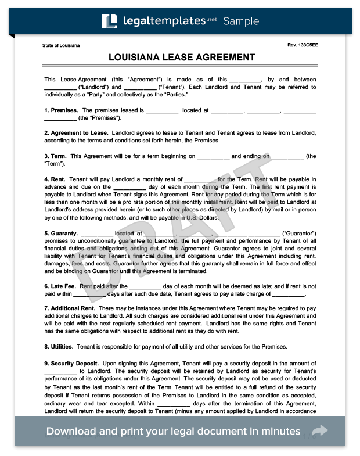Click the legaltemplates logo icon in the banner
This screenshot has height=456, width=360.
click(110, 21)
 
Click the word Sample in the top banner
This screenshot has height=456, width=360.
click(241, 21)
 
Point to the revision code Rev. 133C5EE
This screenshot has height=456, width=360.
click(302, 45)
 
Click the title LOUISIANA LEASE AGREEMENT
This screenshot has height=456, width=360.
click(181, 58)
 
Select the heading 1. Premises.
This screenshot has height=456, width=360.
click(61, 110)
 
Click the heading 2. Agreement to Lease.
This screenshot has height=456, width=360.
click(75, 133)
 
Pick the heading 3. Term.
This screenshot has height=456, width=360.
click(55, 156)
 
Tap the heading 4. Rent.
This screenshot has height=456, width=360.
click(55, 179)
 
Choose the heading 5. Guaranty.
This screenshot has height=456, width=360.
click(61, 233)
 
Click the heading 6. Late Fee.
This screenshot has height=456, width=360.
click(60, 286)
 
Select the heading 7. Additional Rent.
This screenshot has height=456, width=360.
click(70, 308)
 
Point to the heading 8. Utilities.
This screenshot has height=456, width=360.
click(59, 347)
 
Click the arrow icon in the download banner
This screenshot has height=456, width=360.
click(320, 431)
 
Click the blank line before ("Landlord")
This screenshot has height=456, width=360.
click(60, 88)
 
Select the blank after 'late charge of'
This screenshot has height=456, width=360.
click(289, 295)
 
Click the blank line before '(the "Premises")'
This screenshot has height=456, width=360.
click(60, 118)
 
